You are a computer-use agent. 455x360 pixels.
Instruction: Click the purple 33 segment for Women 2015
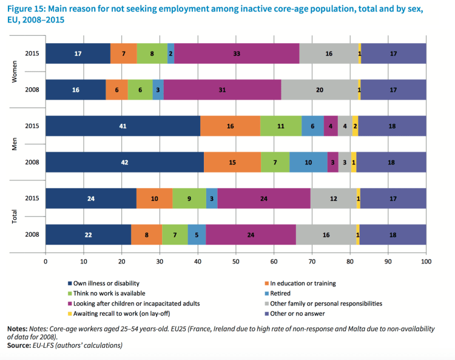(x=237, y=53)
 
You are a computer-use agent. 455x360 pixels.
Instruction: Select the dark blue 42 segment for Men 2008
(x=124, y=163)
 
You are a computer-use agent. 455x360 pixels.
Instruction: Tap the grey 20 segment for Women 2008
(x=320, y=89)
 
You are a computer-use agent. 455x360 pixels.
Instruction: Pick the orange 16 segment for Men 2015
(x=230, y=126)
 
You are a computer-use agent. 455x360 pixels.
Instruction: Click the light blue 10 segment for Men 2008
(x=308, y=163)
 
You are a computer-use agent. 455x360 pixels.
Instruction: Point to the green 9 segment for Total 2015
(x=189, y=198)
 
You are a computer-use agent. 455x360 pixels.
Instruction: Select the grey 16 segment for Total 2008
(x=326, y=235)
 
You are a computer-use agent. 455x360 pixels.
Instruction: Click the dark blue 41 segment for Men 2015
(x=123, y=126)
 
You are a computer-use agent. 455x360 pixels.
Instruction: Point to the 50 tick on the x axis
(x=236, y=261)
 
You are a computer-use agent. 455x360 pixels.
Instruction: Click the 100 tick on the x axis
(x=426, y=261)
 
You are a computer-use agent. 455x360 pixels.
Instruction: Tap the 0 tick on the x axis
(x=45, y=261)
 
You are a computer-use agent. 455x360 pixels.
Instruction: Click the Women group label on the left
(x=15, y=72)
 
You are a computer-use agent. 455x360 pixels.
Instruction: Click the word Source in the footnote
(x=19, y=345)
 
